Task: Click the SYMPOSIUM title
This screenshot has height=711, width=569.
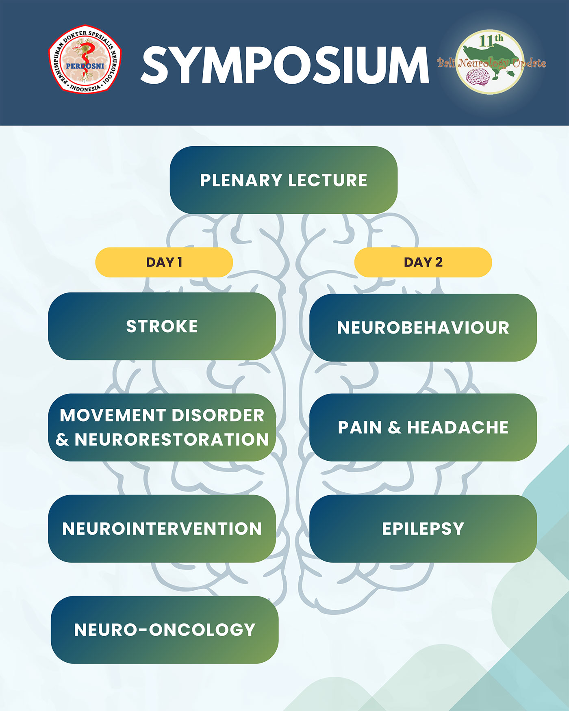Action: pos(284,65)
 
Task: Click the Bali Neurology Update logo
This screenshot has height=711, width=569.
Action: pos(491,62)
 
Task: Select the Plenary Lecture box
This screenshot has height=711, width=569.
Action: pos(283,180)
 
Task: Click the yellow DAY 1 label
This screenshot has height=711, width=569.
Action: pos(164,262)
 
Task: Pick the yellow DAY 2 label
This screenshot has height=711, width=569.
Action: pos(423,262)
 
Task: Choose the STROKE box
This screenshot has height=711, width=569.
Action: pos(162,326)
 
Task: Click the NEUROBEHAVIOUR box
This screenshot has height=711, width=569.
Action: pos(423,327)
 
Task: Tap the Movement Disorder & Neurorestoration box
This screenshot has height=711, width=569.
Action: pos(162,427)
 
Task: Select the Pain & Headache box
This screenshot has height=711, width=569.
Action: pos(423,427)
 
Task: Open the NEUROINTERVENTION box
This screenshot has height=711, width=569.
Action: pos(162,528)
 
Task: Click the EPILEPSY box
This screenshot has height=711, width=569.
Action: pos(423,528)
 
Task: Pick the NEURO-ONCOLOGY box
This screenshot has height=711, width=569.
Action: pos(164,629)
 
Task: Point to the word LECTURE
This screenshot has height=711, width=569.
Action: pos(328,180)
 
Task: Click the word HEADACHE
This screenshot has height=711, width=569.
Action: pos(458,427)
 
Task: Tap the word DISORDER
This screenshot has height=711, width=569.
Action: pos(218,415)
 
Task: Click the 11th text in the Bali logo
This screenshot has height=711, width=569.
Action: pos(491,41)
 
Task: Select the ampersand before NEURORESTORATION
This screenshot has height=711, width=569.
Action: pos(62,440)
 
